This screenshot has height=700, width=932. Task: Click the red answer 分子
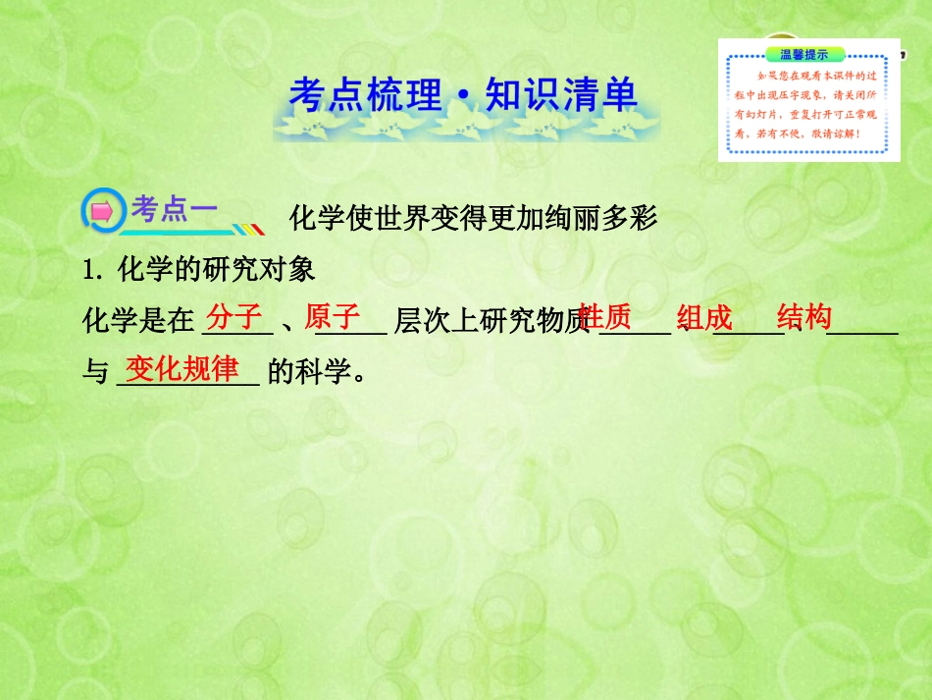[235, 316]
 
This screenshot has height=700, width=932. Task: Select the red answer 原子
[333, 316]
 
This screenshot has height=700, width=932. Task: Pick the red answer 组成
[704, 317]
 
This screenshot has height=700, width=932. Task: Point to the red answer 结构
[804, 316]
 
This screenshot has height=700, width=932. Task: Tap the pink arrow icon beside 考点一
[102, 210]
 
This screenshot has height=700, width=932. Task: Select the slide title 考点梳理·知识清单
[463, 95]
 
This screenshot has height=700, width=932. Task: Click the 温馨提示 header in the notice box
[803, 55]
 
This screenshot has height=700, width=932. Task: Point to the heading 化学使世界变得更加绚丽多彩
[473, 217]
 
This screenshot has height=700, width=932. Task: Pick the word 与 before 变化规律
[95, 372]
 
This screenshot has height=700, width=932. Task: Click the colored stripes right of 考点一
[249, 229]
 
